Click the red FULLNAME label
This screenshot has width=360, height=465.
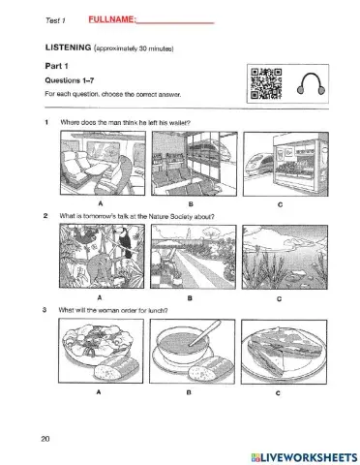[x=112, y=19]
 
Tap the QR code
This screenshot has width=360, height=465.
[x=266, y=83]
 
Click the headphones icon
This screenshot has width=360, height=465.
[x=311, y=83]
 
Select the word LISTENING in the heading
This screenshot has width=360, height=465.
[x=68, y=47]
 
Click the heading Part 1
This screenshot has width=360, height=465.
[x=56, y=66]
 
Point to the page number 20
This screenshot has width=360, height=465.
[x=45, y=439]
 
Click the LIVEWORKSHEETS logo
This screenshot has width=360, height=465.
[x=304, y=457]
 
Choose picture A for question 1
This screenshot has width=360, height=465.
[x=103, y=163]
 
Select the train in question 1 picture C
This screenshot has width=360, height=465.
[x=258, y=164]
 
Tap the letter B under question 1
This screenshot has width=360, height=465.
[x=191, y=204]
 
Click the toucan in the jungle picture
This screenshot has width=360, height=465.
[x=125, y=244]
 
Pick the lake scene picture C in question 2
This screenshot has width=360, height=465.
[x=285, y=257]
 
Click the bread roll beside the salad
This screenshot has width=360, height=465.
[x=116, y=368]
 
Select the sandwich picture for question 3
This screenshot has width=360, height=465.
[x=284, y=352]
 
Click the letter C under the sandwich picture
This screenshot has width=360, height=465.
[x=278, y=393]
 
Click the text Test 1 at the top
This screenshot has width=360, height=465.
[x=55, y=20]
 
